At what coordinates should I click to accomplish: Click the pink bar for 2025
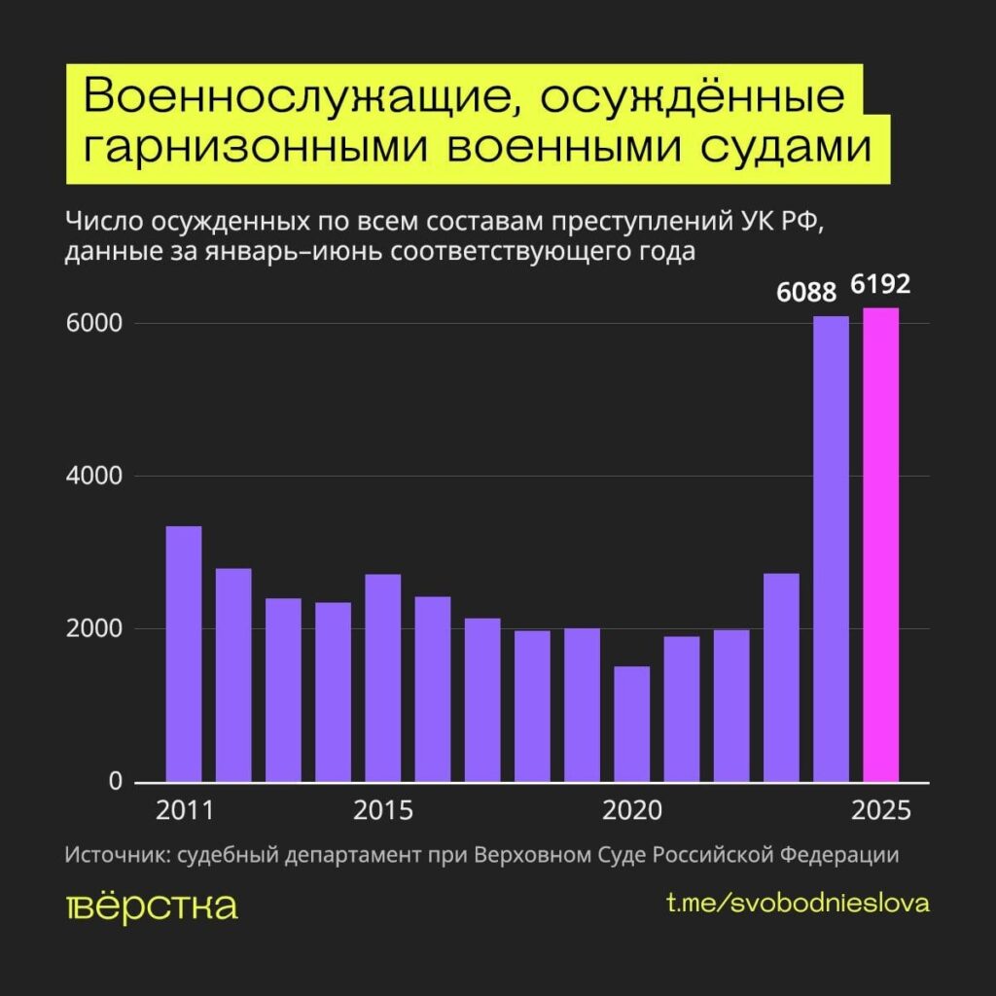(880, 545)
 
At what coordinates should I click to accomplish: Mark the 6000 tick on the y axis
(95, 324)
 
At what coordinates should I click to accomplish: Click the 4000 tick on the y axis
(95, 477)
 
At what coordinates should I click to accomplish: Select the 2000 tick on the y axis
(95, 629)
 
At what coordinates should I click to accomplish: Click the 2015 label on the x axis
(383, 810)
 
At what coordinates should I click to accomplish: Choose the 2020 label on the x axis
(632, 810)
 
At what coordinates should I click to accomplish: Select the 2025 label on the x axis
(881, 810)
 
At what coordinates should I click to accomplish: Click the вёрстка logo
(152, 905)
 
